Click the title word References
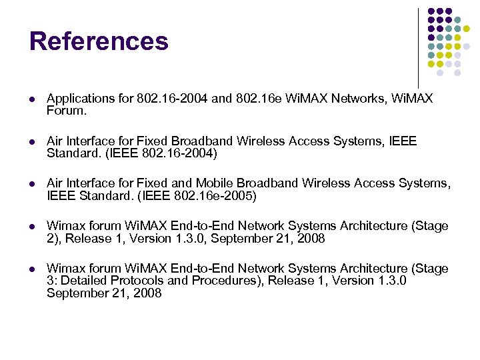(99, 41)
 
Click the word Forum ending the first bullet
(66, 111)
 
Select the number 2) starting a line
(53, 239)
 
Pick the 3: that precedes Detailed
(52, 281)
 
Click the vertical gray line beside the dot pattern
(418, 47)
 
